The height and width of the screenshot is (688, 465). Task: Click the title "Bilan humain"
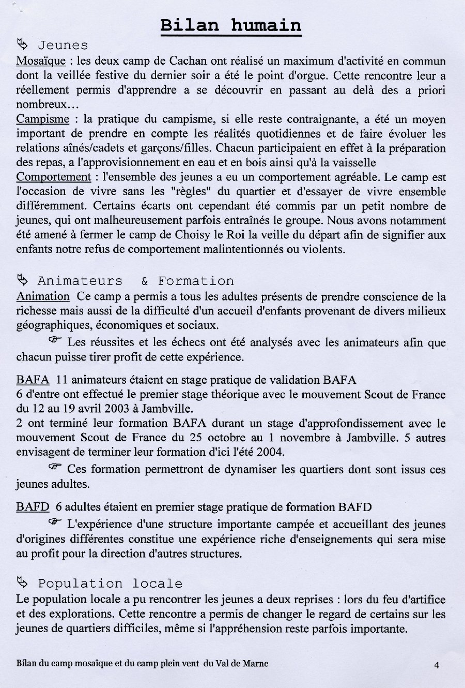pyautogui.click(x=231, y=25)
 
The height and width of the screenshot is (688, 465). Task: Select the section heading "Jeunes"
pyautogui.click(x=63, y=46)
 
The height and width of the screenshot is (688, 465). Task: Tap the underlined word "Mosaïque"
pyautogui.click(x=41, y=61)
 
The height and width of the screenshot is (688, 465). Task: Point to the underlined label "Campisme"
pyautogui.click(x=42, y=119)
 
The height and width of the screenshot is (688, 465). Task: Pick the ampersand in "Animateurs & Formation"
pyautogui.click(x=144, y=281)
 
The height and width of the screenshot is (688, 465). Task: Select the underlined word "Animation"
pyautogui.click(x=42, y=296)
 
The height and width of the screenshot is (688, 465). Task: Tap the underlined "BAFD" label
pyautogui.click(x=33, y=507)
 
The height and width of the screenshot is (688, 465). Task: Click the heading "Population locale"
pyautogui.click(x=110, y=584)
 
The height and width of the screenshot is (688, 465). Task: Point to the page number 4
pyautogui.click(x=437, y=665)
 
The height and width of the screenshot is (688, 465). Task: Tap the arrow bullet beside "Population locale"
pyautogui.click(x=22, y=583)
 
